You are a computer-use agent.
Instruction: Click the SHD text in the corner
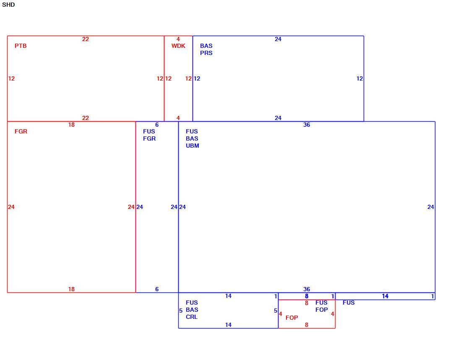pos(8,5)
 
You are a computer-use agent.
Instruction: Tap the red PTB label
pos(21,46)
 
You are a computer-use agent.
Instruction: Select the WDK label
pos(178,46)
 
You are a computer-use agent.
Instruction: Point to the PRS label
pos(206,53)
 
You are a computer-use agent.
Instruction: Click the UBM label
pos(193,146)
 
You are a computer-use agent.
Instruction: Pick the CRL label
pos(192,317)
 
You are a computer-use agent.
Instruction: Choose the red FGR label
pos(21,131)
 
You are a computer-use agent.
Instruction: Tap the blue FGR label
pos(149,138)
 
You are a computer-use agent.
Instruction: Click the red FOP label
pos(292,318)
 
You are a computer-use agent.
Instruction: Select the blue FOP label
pos(322,309)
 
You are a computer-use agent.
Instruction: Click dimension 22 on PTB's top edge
pos(86,39)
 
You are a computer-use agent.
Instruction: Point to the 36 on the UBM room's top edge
pos(307,125)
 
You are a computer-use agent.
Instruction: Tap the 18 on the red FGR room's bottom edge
pos(71,289)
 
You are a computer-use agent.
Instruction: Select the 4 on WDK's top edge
pos(178,39)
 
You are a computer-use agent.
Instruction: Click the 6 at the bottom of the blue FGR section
pos(157,289)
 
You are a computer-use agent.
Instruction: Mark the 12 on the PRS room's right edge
pos(359,78)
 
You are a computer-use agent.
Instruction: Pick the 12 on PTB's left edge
pos(11,78)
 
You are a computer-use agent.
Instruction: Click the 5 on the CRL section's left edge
pos(181,310)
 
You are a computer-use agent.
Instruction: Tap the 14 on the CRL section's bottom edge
pos(228,325)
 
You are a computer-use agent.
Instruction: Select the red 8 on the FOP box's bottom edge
pos(307,325)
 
